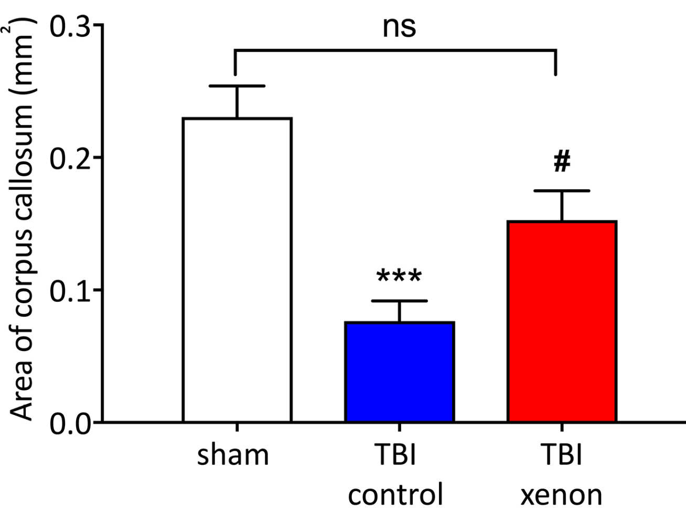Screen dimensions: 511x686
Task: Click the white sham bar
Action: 237,270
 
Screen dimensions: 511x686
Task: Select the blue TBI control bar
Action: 399,372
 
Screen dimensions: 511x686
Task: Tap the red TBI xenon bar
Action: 562,322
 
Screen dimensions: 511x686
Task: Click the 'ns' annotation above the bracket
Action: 399,28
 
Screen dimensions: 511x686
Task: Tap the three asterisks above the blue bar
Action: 399,276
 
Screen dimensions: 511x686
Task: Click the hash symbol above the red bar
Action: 562,162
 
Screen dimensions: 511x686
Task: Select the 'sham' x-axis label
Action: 233,455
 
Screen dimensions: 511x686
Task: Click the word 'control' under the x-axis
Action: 396,494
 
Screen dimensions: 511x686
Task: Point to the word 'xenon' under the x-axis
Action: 561,494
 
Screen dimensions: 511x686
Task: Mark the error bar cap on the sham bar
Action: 237,86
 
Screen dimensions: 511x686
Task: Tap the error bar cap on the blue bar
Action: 399,301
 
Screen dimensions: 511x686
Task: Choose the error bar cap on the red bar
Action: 562,190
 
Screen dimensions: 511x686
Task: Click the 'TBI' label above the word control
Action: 397,455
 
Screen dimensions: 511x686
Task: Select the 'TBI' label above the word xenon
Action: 561,455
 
